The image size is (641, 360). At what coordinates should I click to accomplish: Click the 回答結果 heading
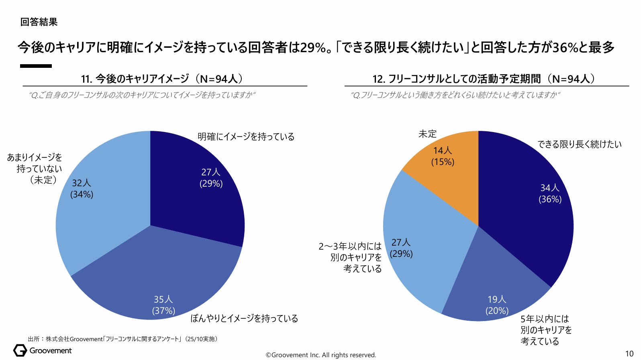point(39,22)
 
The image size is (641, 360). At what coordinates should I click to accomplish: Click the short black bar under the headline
point(36,66)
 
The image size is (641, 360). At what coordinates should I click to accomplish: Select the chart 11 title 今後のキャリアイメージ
point(162,79)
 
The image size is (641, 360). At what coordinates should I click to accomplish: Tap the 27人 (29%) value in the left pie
point(211,178)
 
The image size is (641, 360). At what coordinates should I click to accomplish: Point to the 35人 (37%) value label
point(163,305)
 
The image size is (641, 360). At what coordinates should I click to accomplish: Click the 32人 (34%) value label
point(82,189)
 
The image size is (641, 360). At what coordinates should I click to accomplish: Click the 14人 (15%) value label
point(443,156)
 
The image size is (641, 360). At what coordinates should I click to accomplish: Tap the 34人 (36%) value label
point(550,193)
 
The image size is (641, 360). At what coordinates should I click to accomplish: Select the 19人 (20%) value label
point(497,305)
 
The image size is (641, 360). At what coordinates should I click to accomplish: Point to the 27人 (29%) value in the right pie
point(401,248)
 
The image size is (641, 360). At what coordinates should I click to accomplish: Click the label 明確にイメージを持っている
point(246,137)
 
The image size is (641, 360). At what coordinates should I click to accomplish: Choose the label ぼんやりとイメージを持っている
point(244,319)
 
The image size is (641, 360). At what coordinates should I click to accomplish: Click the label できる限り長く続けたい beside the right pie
point(580,144)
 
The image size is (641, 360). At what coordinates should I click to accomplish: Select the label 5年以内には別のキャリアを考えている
point(545,330)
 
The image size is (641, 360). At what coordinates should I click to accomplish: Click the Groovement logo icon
point(20,350)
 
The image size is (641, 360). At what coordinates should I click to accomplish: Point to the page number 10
point(629,354)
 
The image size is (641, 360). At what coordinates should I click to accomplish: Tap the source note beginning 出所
point(122,339)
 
